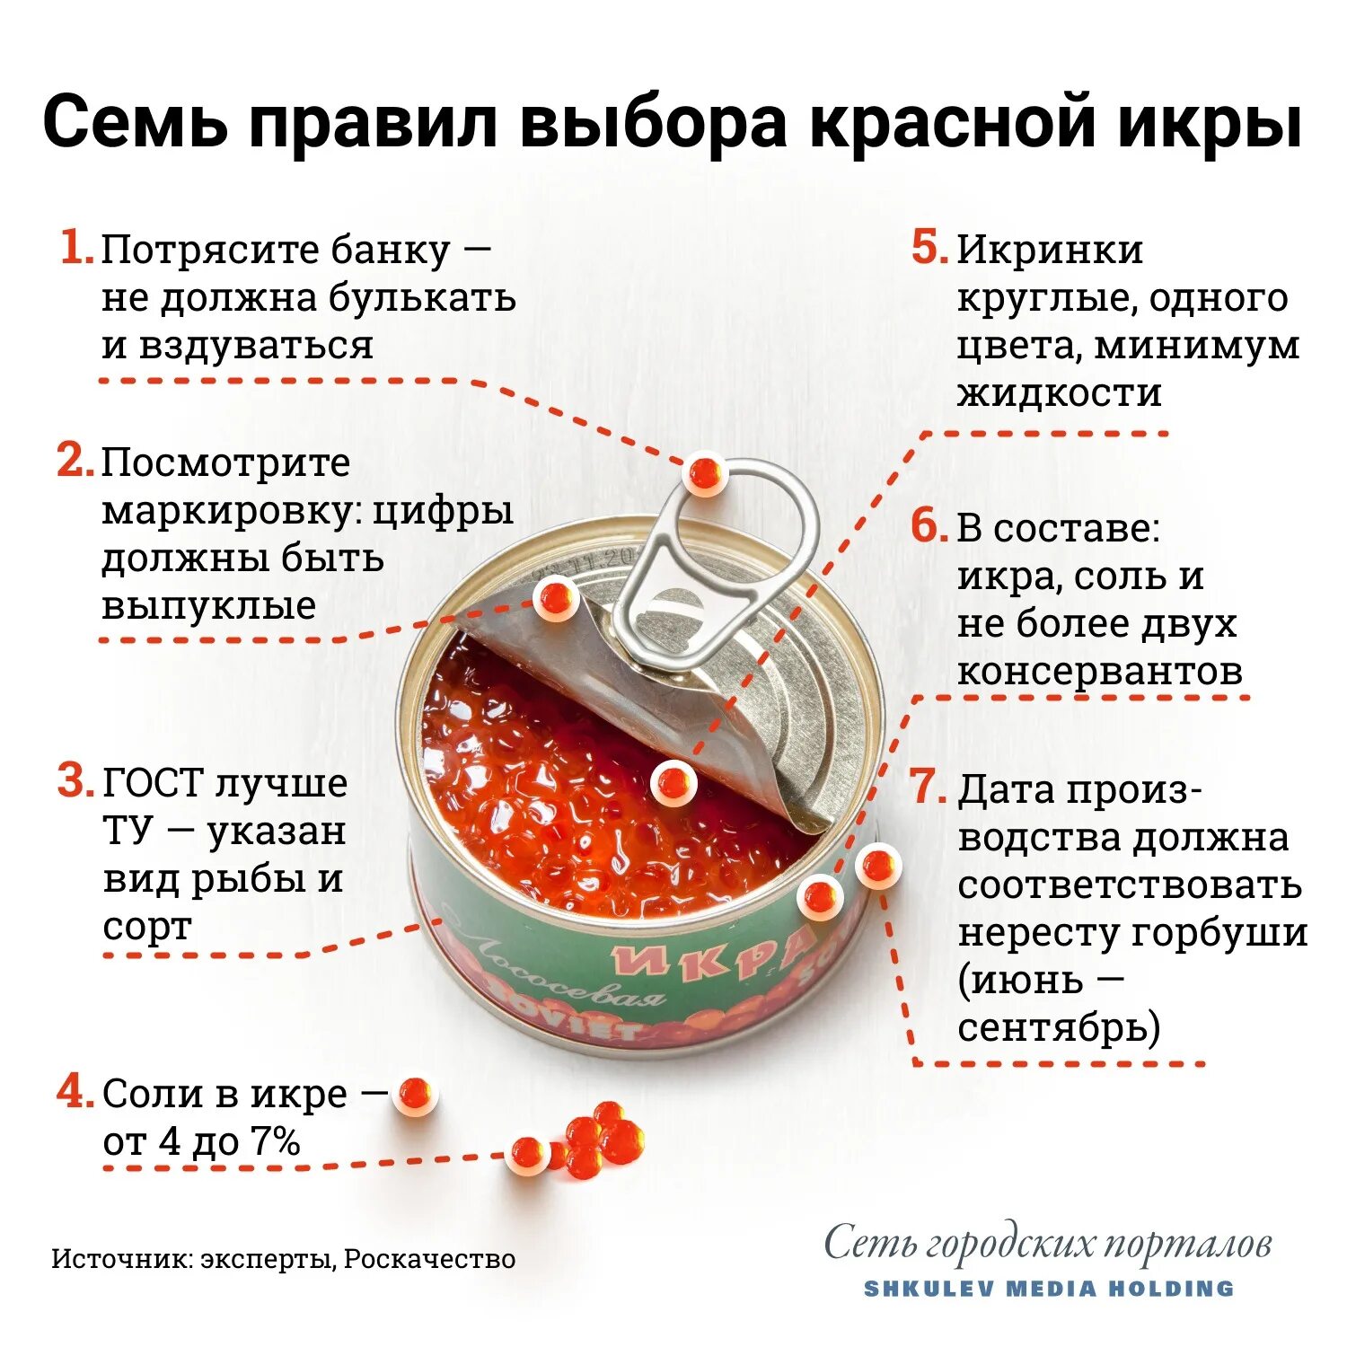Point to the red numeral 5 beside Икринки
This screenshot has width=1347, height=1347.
[929, 248]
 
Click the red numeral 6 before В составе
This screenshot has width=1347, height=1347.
[929, 526]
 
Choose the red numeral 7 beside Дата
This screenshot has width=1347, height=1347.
[929, 788]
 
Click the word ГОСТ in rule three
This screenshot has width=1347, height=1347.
[154, 783]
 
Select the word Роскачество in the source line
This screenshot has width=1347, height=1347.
[429, 1259]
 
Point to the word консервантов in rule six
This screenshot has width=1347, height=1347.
[1100, 672]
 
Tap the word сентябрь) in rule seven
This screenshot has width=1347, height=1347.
[1059, 1027]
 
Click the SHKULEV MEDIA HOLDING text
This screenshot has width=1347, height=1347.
[1049, 1289]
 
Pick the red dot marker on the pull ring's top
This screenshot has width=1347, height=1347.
[706, 472]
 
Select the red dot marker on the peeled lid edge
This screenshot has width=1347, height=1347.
[556, 597]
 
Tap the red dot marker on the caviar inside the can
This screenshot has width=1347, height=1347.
[673, 784]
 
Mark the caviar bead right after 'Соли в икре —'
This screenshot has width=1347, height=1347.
[415, 1095]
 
